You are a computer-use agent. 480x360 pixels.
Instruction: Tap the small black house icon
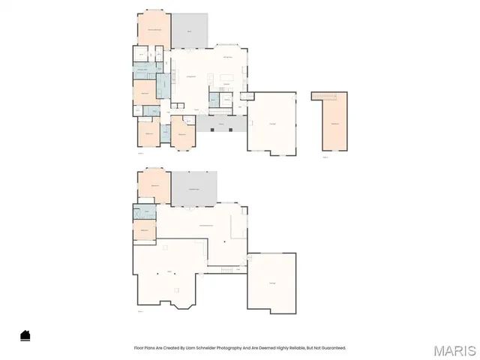[x=25, y=335]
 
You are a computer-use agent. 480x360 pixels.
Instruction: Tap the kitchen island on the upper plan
[x=226, y=77]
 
